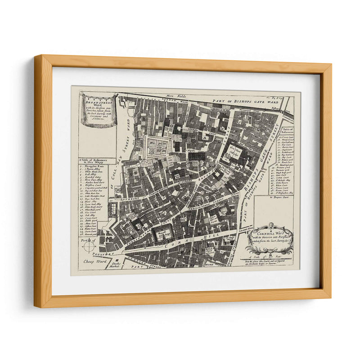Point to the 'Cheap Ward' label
click(91, 261)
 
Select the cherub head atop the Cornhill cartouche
click(272, 225)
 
